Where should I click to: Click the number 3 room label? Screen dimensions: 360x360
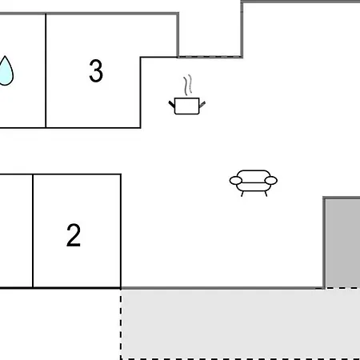[x=96, y=70]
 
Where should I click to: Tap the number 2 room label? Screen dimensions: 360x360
[x=74, y=235]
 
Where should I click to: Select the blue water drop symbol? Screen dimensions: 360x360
[x=6, y=71]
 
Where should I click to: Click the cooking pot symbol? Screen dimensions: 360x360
[x=187, y=106]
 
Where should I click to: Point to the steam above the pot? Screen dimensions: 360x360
[x=188, y=85]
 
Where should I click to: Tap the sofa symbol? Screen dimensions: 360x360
[x=254, y=183]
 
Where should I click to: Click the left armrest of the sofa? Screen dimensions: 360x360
[x=236, y=181]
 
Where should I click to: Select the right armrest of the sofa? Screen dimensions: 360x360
[x=271, y=181]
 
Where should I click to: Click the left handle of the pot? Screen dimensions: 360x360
[x=172, y=104]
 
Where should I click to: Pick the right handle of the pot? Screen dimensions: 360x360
[x=202, y=104]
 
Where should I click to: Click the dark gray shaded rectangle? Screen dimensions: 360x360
[x=342, y=243]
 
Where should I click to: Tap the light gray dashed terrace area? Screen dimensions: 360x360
[x=241, y=324]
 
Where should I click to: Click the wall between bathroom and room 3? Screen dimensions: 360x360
[x=46, y=70]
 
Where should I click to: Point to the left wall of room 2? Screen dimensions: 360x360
[x=33, y=231]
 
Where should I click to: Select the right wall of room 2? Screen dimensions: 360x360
[x=121, y=231]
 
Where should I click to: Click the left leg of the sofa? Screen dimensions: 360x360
[x=242, y=194]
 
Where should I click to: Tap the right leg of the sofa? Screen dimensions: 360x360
[x=266, y=194]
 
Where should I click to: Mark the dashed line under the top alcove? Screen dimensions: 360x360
[x=210, y=56]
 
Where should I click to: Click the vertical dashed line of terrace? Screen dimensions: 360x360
[x=121, y=324]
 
